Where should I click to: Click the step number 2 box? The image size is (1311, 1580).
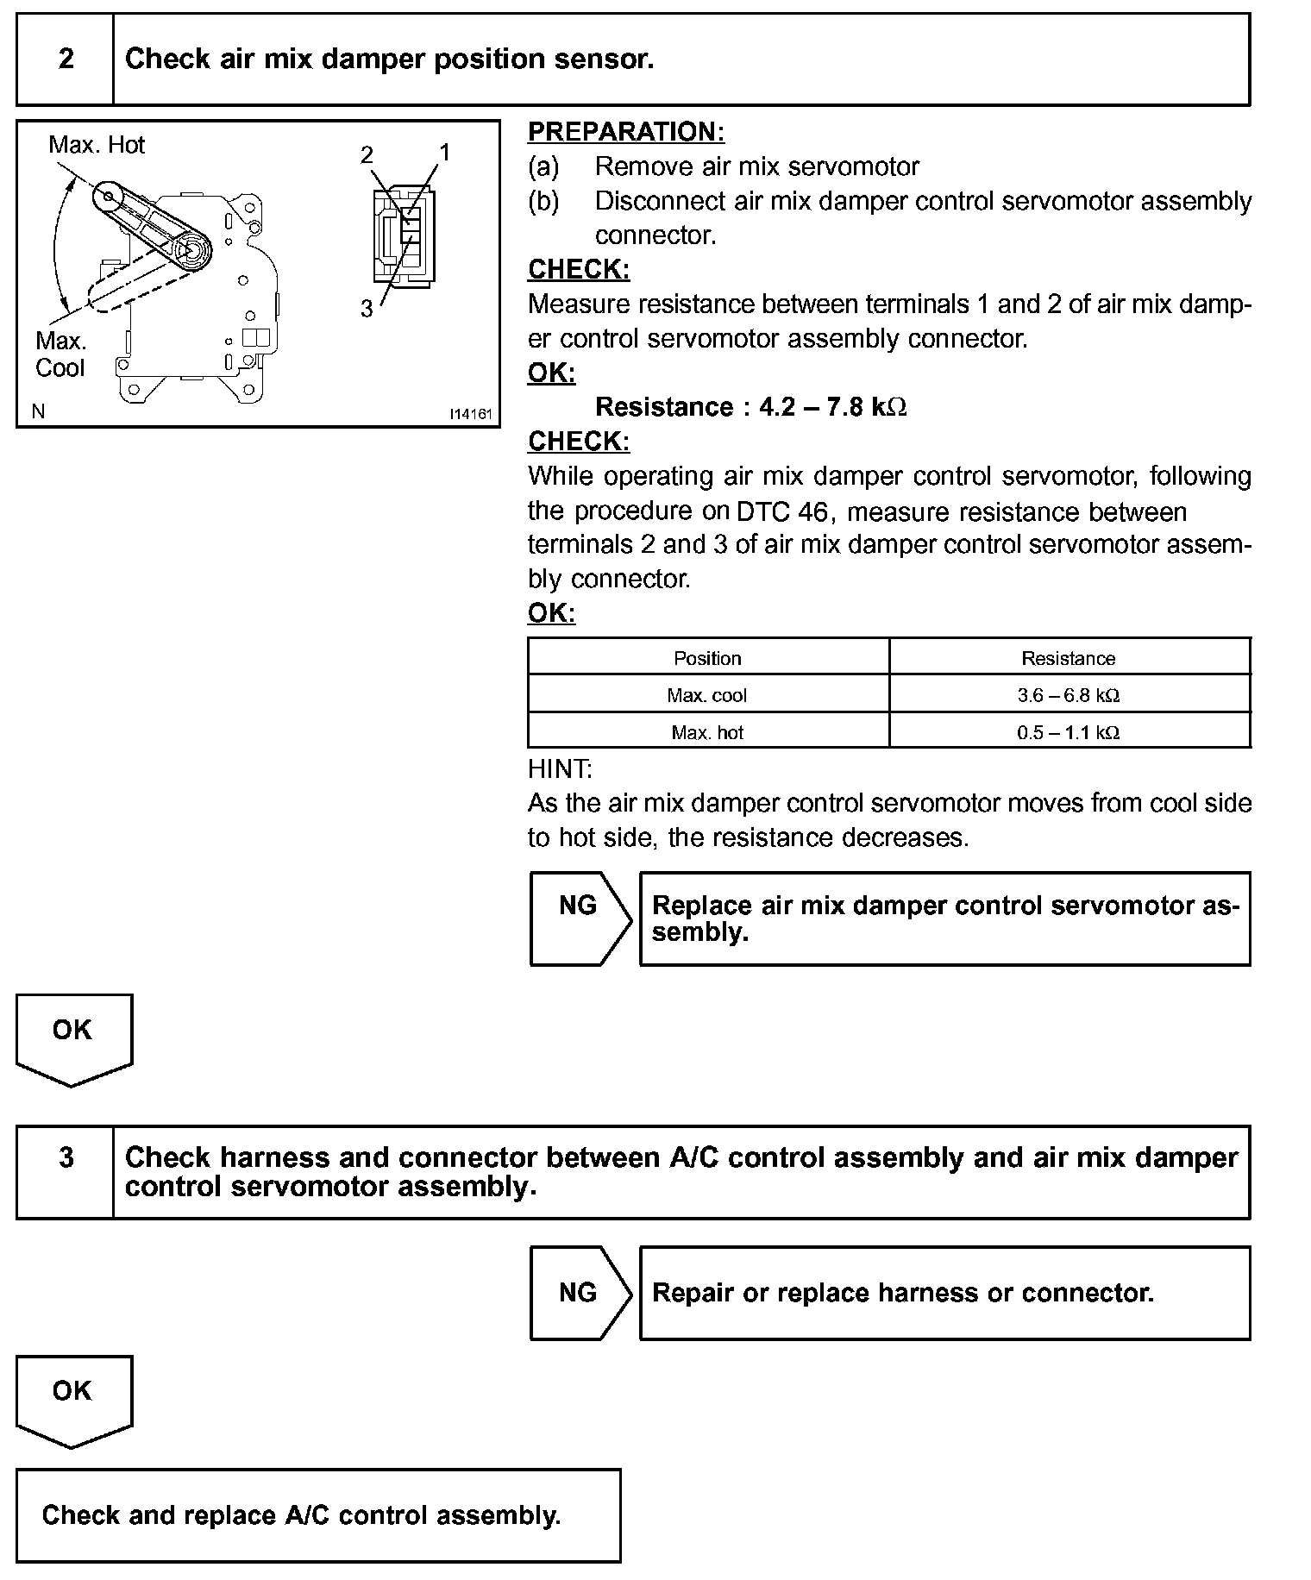click(66, 60)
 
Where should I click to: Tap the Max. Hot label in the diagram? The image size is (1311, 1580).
click(97, 145)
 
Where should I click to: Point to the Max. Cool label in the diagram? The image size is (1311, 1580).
click(60, 354)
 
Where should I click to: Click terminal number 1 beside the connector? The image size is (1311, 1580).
click(444, 154)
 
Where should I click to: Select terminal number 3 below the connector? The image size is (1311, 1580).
click(367, 309)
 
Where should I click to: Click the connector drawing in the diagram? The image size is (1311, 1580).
click(404, 235)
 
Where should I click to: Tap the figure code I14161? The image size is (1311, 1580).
click(470, 414)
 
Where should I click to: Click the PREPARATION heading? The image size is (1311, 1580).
click(625, 132)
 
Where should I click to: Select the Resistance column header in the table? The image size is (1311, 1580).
click(1069, 658)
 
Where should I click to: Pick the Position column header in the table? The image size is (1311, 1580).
click(707, 658)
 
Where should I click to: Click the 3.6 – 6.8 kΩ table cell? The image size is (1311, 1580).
click(1069, 695)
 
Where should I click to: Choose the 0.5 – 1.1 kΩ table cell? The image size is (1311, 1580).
click(1069, 732)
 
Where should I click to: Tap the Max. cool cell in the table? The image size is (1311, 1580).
click(707, 695)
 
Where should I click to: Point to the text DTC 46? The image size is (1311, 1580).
click(781, 512)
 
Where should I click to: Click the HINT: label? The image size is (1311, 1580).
click(560, 768)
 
